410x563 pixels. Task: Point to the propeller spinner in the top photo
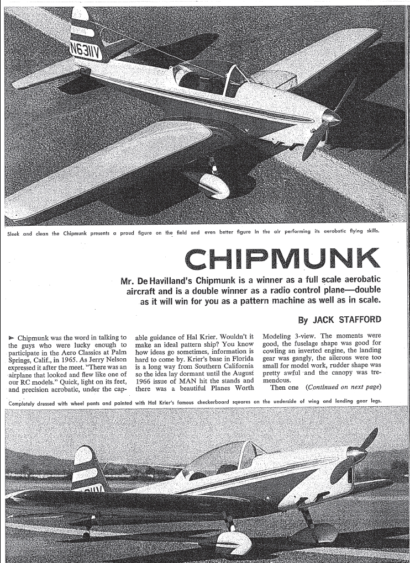(x=332, y=116)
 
